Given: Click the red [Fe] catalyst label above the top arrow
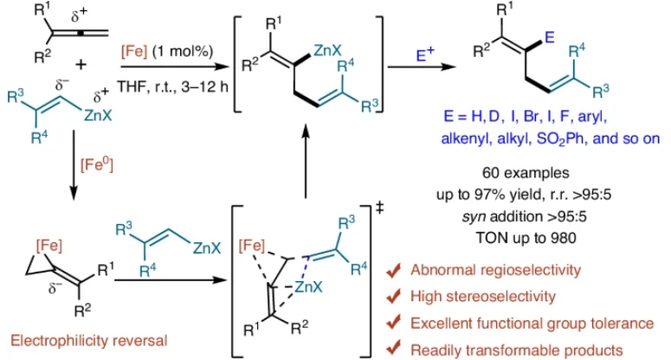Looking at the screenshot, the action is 134,52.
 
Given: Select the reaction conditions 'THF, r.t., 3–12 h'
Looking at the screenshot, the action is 172,87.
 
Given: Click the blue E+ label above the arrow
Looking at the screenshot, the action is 425,55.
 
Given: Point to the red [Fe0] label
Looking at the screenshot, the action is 97,164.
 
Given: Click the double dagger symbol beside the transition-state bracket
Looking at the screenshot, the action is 379,208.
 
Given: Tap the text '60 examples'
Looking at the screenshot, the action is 526,173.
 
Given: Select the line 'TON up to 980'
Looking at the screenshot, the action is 526,238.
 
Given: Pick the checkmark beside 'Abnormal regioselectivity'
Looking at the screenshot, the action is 393,270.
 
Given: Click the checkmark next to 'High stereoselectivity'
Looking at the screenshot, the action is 393,296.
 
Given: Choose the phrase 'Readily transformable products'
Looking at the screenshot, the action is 517,350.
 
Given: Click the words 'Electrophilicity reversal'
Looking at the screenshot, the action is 89,340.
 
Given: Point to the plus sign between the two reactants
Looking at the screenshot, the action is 81,65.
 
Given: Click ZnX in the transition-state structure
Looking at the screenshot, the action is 308,286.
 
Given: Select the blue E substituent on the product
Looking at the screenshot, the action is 550,37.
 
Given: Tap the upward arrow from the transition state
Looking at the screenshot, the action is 306,161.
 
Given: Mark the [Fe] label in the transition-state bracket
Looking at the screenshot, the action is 252,246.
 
